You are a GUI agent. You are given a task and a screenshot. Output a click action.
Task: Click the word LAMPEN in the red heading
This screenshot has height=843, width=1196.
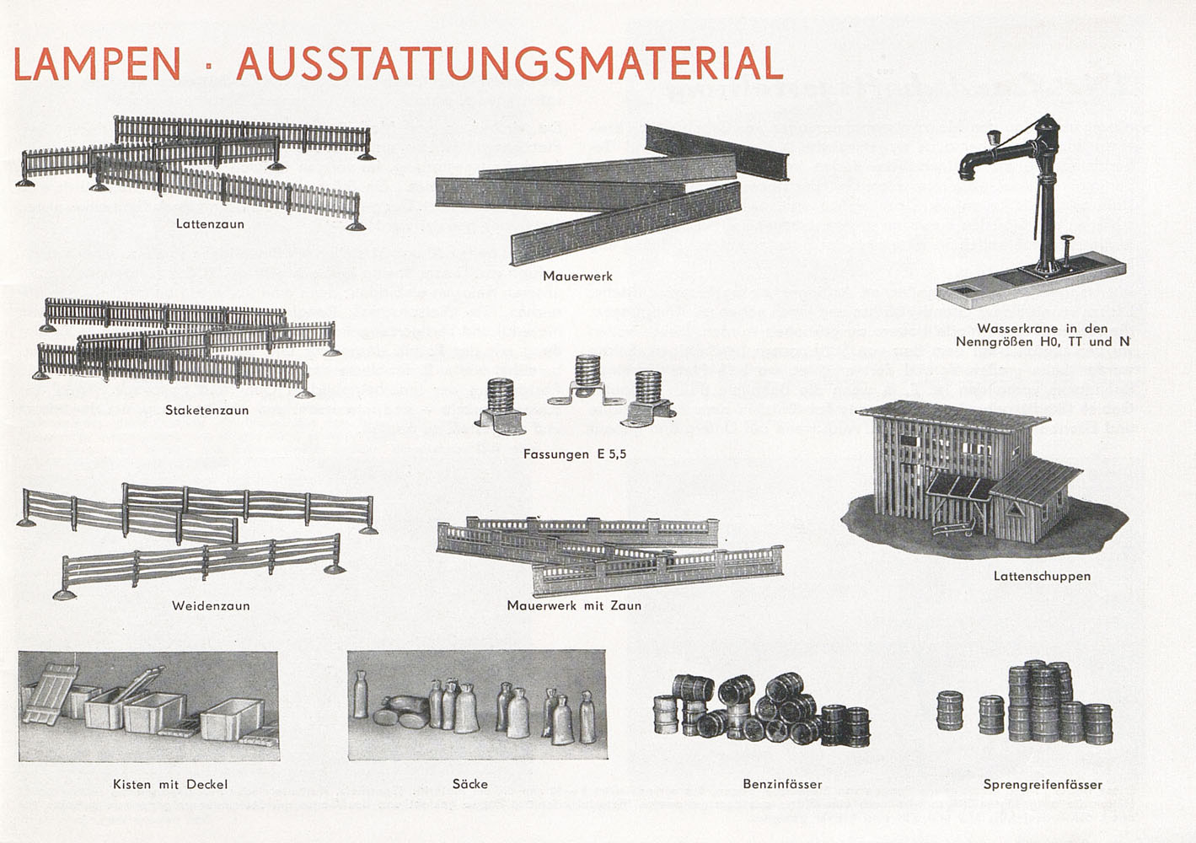pyautogui.click(x=97, y=64)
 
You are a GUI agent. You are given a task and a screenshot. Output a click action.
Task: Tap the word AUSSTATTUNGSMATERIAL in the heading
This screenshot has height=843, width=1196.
pyautogui.click(x=510, y=63)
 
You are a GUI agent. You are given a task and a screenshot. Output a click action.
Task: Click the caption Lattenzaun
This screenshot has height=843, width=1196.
pyautogui.click(x=211, y=224)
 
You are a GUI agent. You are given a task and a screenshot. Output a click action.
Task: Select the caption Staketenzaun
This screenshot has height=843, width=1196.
pyautogui.click(x=206, y=410)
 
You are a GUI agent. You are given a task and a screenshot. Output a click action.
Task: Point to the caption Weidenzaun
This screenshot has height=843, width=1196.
pyautogui.click(x=211, y=605)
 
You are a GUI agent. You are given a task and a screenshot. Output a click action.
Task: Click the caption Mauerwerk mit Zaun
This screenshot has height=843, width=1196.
pyautogui.click(x=574, y=605)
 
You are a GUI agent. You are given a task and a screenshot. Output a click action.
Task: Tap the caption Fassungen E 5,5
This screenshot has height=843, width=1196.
pyautogui.click(x=575, y=454)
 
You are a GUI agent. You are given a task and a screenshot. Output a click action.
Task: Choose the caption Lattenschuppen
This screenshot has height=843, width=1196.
pyautogui.click(x=1042, y=577)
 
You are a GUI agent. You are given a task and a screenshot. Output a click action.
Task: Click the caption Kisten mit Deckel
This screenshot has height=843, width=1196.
pyautogui.click(x=170, y=784)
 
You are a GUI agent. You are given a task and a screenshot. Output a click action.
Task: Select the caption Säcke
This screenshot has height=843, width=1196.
pyautogui.click(x=469, y=784)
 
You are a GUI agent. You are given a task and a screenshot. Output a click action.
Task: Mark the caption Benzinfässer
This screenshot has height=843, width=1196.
pyautogui.click(x=782, y=784)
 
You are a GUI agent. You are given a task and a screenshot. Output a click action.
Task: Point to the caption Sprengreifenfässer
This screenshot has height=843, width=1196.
pyautogui.click(x=1043, y=785)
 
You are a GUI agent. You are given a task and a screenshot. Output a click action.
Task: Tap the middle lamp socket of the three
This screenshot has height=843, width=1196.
pyautogui.click(x=587, y=382)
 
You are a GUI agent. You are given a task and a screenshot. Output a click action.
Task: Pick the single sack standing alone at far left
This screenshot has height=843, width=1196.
pyautogui.click(x=361, y=695)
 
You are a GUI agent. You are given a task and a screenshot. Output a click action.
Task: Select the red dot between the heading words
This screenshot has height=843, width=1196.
pyautogui.click(x=209, y=67)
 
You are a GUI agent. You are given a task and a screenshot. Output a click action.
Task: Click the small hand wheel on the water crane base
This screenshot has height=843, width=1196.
pyautogui.click(x=1067, y=239)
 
